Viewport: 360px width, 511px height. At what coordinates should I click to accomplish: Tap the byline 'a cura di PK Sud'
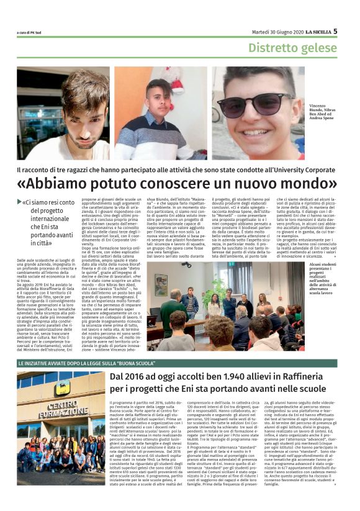pyautogui.click(x=29, y=33)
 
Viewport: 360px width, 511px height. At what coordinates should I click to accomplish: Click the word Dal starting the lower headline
pyautogui.click(x=120, y=378)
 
